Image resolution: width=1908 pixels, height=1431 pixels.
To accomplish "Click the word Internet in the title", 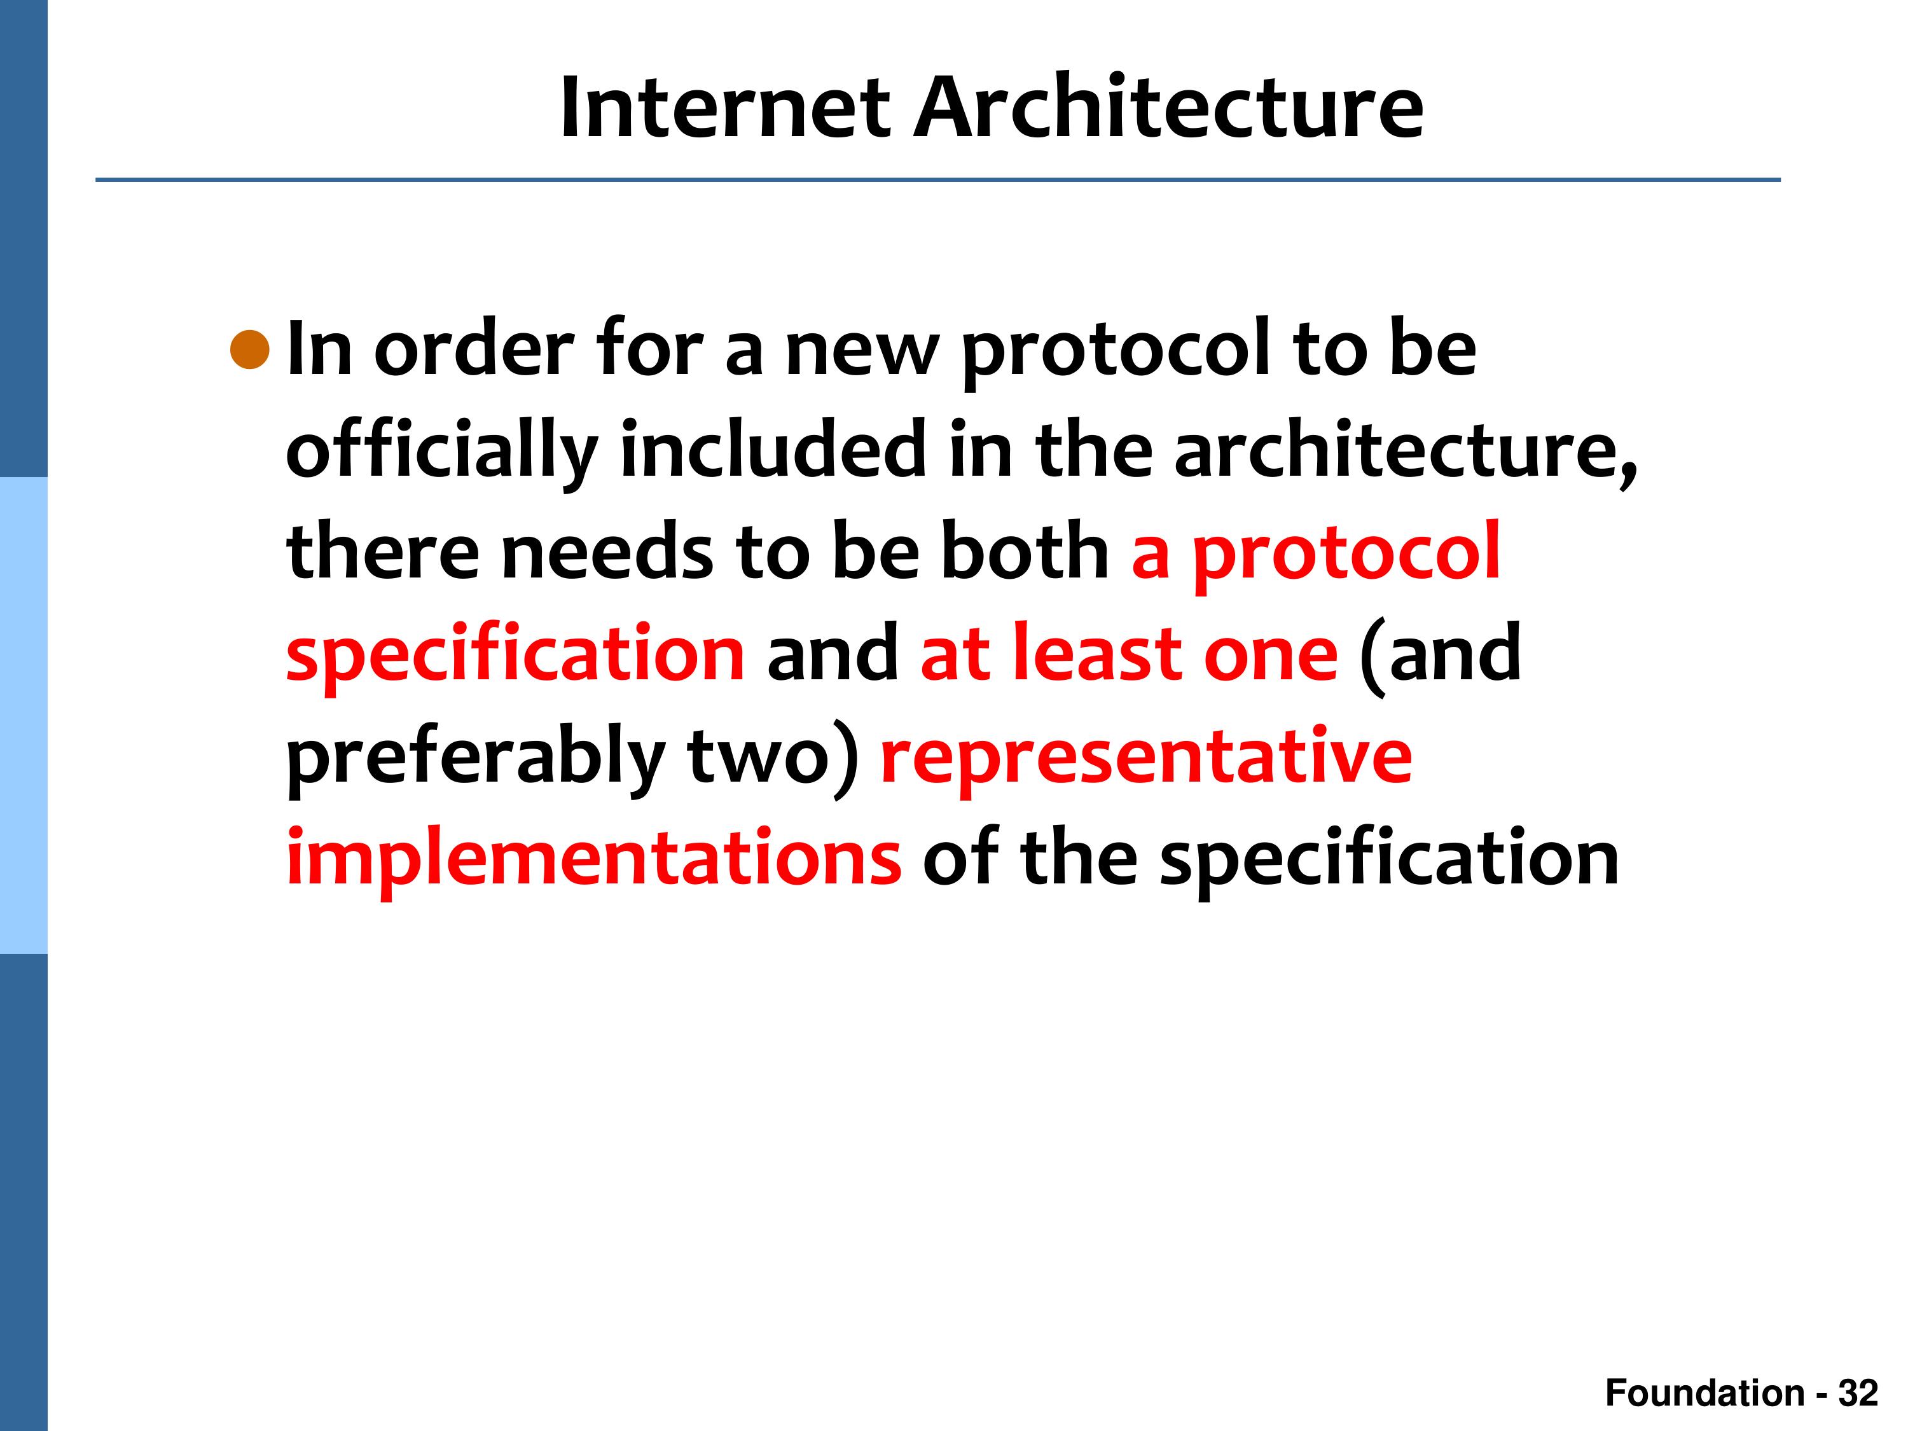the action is [x=724, y=108].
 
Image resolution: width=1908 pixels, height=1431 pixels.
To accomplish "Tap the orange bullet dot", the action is [x=250, y=349].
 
